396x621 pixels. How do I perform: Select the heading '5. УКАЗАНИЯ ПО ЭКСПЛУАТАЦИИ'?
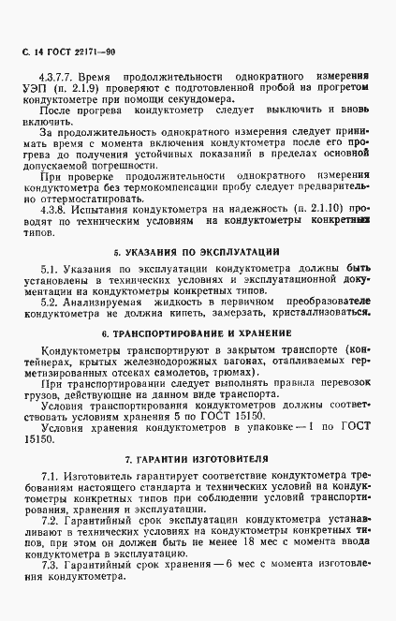pos(198,253)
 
